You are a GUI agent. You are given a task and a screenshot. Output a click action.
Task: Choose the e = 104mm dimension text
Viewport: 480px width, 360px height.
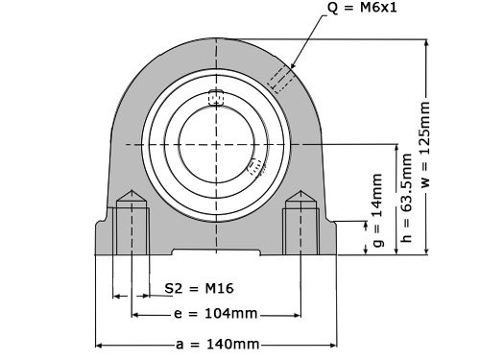[x=216, y=314]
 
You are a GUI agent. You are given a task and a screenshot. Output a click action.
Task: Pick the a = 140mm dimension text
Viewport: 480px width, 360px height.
[x=216, y=344]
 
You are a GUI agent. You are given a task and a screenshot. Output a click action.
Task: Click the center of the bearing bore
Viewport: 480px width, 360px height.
[x=216, y=143]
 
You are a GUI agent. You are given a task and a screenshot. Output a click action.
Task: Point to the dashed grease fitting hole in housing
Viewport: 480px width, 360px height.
[x=282, y=80]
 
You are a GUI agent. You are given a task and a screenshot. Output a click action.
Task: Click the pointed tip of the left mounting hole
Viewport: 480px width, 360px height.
[x=131, y=196]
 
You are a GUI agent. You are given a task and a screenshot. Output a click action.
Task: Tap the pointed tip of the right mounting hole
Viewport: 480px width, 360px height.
[x=300, y=196]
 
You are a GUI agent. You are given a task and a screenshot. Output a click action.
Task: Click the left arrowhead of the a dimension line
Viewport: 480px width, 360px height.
[x=98, y=344]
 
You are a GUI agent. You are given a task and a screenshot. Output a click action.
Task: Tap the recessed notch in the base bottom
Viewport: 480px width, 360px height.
[x=216, y=252]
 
